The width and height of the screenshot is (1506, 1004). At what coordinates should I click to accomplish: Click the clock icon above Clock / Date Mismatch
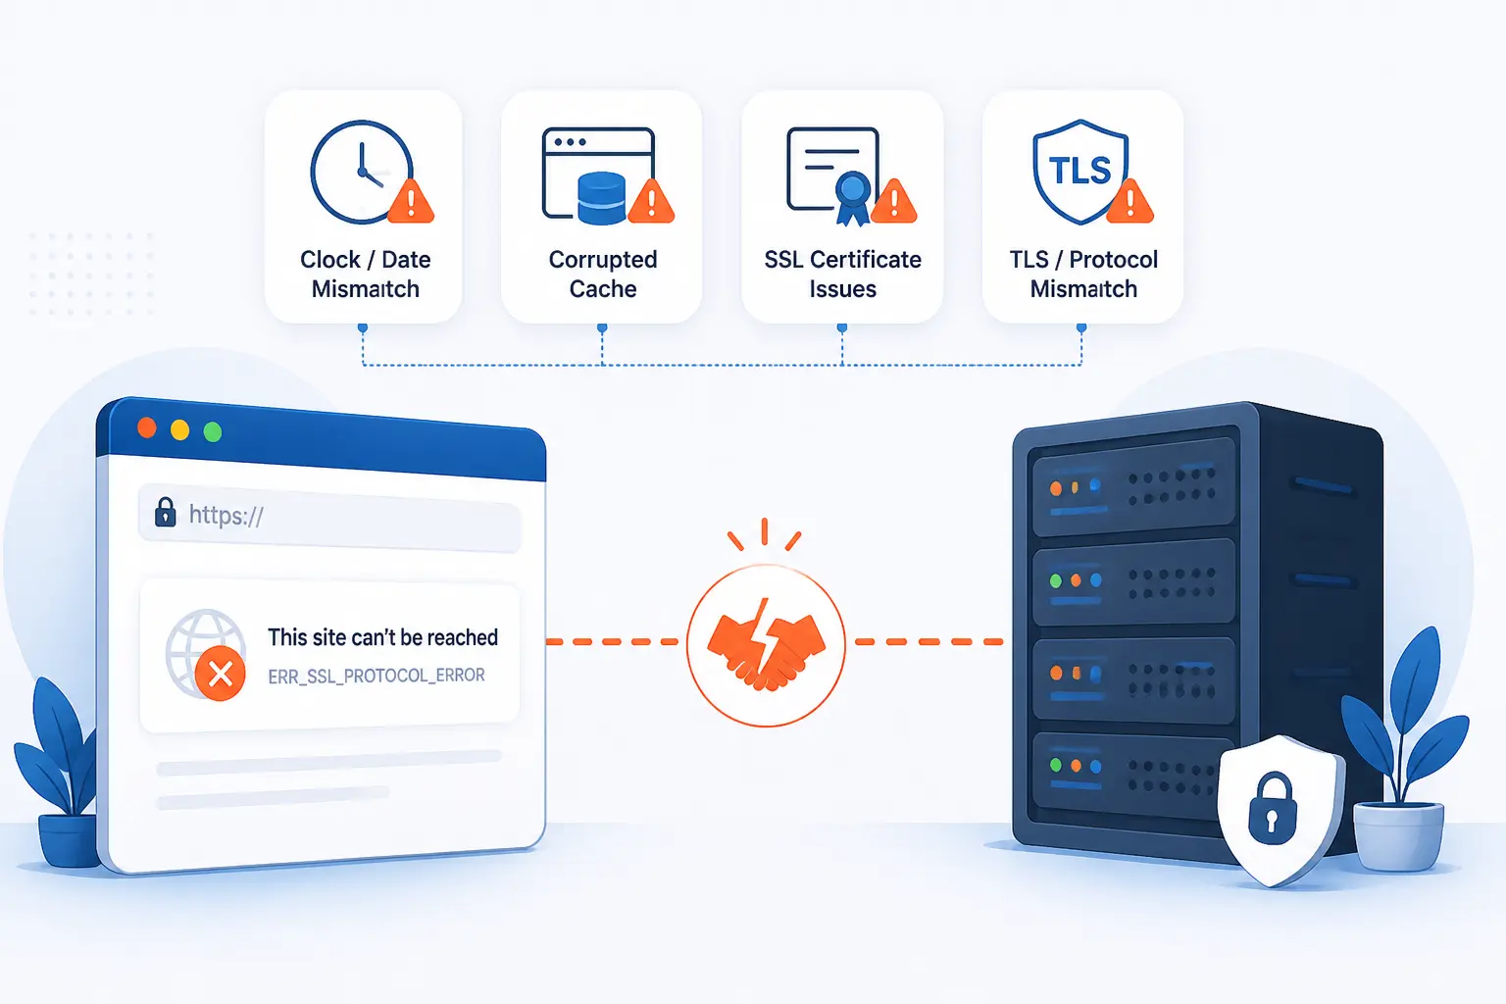tap(362, 173)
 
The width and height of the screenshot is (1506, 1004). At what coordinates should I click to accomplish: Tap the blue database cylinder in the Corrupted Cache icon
tap(602, 198)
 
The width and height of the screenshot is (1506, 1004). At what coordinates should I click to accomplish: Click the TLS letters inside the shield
tap(1079, 171)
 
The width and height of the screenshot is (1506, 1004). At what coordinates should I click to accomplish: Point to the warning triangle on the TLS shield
tap(1129, 201)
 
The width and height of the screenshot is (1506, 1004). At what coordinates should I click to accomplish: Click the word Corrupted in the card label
tap(602, 260)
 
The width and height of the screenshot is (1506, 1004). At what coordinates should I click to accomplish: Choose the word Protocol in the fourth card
tap(1114, 260)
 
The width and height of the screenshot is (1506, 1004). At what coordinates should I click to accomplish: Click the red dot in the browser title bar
tap(146, 427)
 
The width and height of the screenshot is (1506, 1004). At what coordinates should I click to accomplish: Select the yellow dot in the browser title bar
tap(179, 429)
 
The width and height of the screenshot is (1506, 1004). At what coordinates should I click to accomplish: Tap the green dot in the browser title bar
tap(213, 431)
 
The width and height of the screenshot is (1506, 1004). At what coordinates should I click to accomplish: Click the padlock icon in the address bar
tap(166, 513)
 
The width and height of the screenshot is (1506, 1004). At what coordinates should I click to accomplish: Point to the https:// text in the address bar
tap(226, 515)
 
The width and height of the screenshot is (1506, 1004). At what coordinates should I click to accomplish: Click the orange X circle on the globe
tap(220, 674)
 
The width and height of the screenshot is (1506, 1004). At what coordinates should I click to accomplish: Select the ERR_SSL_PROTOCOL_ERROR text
tap(376, 676)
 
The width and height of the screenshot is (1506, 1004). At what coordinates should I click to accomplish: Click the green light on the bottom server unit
tap(1056, 765)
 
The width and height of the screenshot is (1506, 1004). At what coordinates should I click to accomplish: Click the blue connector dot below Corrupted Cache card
tap(602, 328)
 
